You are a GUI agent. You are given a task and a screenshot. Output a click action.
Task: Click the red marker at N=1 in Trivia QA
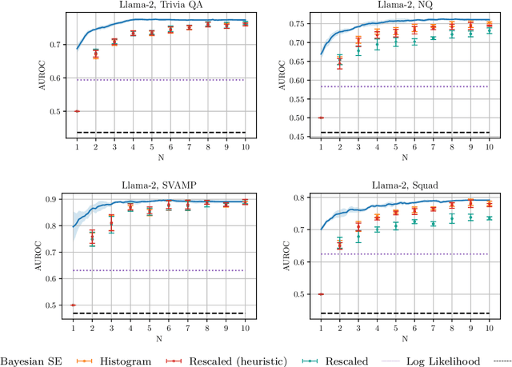click(77, 111)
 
